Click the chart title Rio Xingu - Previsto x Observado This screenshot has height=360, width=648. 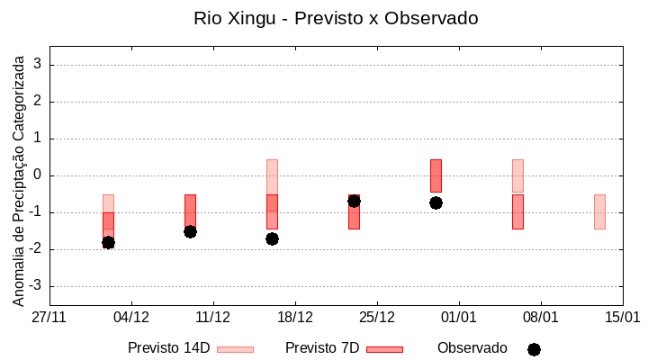tap(336, 18)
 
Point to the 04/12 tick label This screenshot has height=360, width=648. tap(131, 317)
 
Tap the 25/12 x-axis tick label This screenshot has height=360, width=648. tap(377, 317)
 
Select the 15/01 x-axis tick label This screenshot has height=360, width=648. tap(622, 317)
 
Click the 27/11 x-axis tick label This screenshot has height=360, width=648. tap(49, 317)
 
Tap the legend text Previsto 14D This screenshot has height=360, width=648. tap(168, 348)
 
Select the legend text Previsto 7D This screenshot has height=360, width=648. tap(322, 348)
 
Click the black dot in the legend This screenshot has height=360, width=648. tap(534, 349)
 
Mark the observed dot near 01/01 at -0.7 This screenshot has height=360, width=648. tap(436, 202)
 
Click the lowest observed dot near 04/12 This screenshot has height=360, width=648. tap(108, 242)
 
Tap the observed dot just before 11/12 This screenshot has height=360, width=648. tap(190, 231)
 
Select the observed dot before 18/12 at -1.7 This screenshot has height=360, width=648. tap(272, 238)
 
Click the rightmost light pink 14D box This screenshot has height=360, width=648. tap(599, 211)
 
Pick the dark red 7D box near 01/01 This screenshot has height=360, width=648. tap(436, 175)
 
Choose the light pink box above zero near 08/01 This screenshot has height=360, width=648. tap(517, 175)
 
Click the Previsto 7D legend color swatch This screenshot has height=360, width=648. tap(384, 349)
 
